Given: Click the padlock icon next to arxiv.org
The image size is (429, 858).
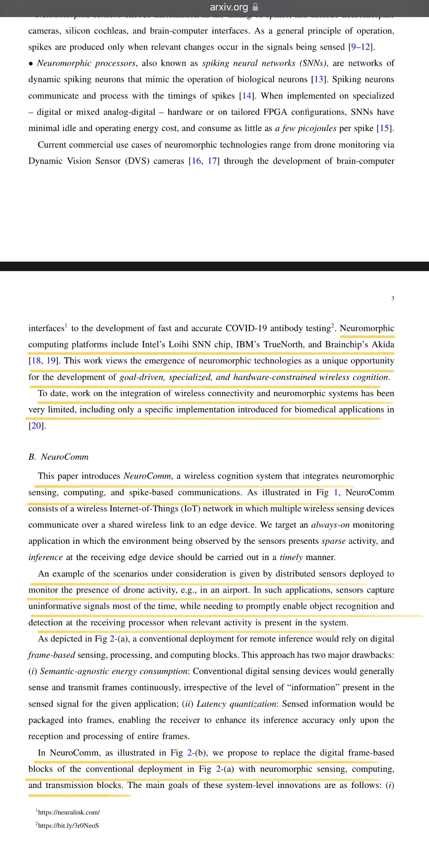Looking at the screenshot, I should pos(256,7).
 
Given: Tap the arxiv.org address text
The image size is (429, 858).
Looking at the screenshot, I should pos(229,7).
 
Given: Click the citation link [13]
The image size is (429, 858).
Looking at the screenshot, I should pos(319,80).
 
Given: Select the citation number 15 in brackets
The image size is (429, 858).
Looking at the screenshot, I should pos(385,128).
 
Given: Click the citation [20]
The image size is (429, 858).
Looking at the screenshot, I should pos(37,426).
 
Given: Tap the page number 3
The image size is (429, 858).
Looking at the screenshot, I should pos(392,298).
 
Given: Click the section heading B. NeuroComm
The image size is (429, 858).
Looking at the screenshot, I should pos(58,457).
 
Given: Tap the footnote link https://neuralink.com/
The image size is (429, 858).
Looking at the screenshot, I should pos(69,812).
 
